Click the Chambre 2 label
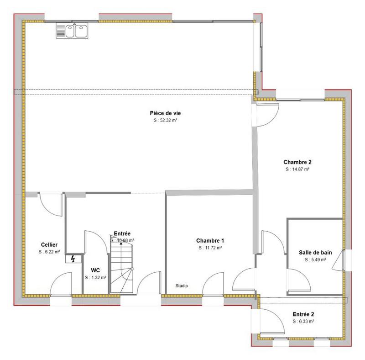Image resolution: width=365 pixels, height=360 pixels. point(297,162)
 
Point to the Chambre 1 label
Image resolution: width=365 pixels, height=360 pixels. point(210,240)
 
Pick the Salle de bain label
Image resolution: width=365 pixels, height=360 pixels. point(315,252)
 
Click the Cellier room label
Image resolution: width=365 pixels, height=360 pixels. point(49,244)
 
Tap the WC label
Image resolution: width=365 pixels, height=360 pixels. point(95,270)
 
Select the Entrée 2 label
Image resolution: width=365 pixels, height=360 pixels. point(303,314)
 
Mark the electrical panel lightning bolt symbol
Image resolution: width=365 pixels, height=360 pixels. point(73,259)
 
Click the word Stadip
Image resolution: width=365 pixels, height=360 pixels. point(182,286)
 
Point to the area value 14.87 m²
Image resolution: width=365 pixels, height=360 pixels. point(297,169)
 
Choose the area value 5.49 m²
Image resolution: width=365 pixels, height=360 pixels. point(315,259)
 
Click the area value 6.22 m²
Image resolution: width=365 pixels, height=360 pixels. point(49,252)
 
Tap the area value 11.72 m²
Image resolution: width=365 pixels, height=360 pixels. point(210,248)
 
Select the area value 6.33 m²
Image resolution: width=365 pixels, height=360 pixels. point(303,322)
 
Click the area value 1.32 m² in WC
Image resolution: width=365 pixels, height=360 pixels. point(95,277)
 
